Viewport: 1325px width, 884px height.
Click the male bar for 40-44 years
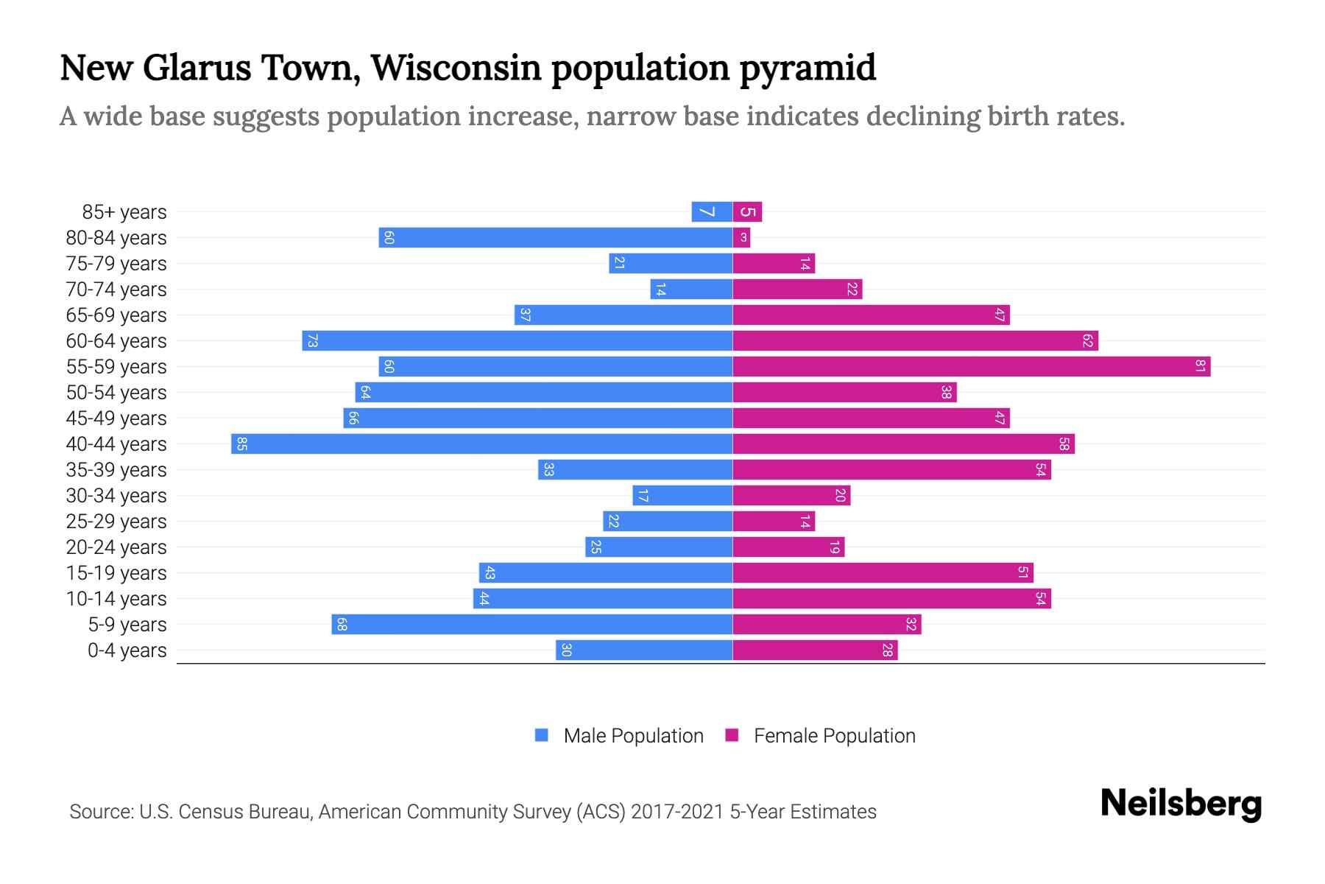click(x=482, y=444)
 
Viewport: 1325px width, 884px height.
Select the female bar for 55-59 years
click(x=972, y=367)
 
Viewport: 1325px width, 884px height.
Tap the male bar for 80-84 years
click(x=556, y=238)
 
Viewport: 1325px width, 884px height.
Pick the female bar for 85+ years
click(x=747, y=212)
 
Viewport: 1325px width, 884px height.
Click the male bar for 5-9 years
click(x=531, y=625)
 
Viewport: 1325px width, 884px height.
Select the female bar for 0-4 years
click(x=815, y=650)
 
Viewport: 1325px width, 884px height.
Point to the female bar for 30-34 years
click(x=791, y=496)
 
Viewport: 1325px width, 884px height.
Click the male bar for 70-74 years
click(x=691, y=290)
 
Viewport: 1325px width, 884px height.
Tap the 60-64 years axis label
click(x=116, y=341)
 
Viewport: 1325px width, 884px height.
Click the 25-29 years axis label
click(x=116, y=522)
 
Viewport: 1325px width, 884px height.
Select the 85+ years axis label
click(x=124, y=212)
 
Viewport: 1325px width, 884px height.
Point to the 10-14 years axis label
click(x=116, y=599)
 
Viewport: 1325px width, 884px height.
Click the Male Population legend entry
click(x=633, y=736)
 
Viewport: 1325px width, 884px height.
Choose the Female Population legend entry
click(x=834, y=736)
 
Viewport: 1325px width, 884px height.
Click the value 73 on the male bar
click(x=312, y=341)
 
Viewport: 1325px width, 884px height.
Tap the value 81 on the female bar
click(x=1200, y=367)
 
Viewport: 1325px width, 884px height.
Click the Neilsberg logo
click(x=1181, y=804)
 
